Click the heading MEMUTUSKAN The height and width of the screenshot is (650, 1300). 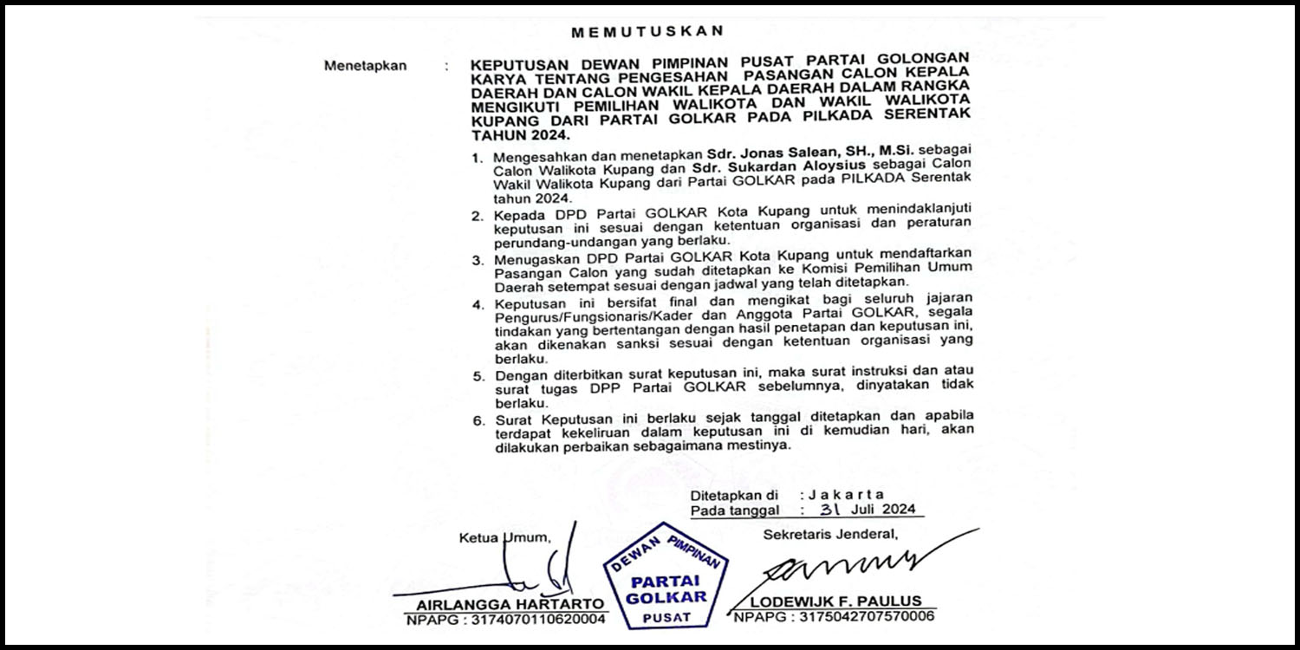647,32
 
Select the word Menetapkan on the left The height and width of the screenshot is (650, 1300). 365,66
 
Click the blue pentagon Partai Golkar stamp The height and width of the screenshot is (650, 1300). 666,577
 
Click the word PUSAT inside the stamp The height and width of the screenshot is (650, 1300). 666,617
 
